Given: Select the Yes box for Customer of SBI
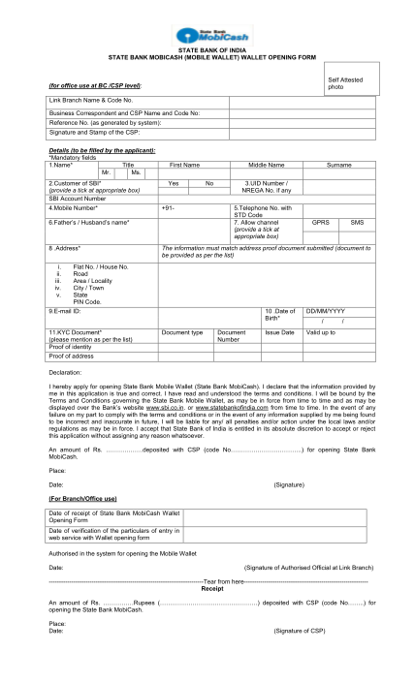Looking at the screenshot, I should (x=173, y=182).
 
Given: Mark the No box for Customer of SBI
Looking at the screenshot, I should (x=209, y=182).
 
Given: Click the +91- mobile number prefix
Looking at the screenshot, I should (x=170, y=207).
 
